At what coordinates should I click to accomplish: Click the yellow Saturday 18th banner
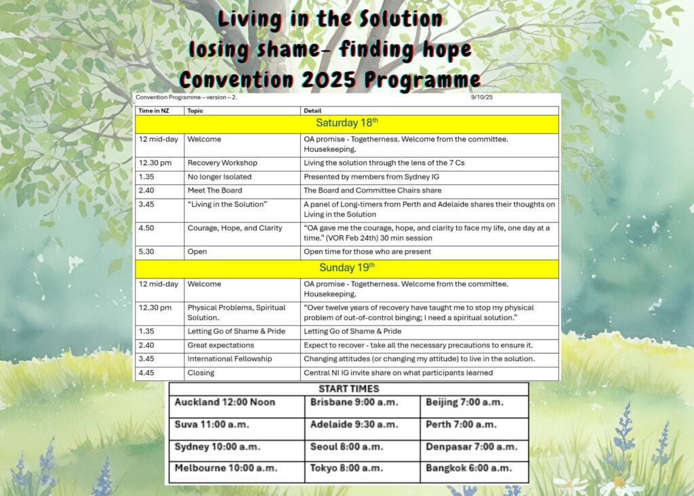point(347,123)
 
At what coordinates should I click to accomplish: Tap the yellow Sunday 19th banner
point(347,268)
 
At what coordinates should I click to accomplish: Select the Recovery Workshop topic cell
point(222,163)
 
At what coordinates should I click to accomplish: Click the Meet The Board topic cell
point(215,190)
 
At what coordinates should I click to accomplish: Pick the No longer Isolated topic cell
point(220,177)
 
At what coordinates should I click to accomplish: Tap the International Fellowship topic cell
point(230,358)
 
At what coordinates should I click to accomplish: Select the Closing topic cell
point(201,373)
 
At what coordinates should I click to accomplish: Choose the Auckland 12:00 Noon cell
point(225,402)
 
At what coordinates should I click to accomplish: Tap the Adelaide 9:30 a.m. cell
point(354,425)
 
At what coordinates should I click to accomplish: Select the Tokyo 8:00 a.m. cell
point(346,468)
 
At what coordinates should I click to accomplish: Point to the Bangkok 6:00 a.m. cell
point(468,468)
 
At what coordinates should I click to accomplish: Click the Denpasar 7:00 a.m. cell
point(472,447)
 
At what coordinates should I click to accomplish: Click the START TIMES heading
point(348,389)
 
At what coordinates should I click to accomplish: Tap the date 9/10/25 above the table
point(483,98)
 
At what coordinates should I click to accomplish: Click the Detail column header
point(312,110)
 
